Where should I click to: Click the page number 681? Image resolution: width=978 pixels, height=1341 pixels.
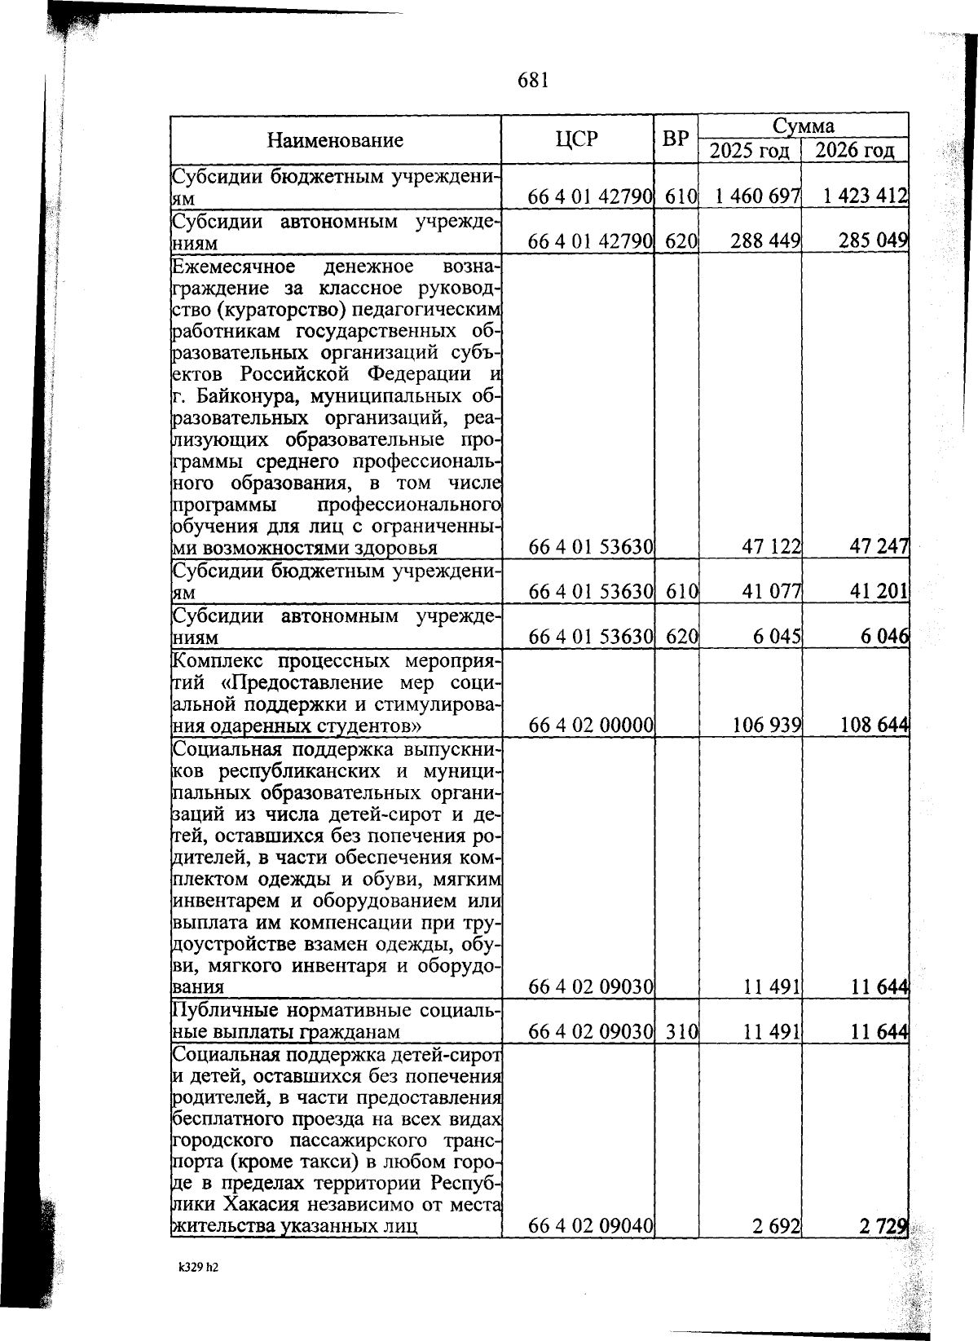(533, 80)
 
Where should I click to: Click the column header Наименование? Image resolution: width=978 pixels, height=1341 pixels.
(334, 140)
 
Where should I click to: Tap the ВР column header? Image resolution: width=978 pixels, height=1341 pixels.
(676, 139)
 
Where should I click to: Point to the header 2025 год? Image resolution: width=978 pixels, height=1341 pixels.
(749, 151)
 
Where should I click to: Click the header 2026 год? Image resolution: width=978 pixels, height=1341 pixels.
(855, 151)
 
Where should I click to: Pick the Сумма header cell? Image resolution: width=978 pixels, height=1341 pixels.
(803, 126)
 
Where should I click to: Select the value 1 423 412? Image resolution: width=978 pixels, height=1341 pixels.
(865, 196)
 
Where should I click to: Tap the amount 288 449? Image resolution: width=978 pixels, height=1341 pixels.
(765, 242)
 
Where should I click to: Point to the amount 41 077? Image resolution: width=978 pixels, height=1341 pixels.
(771, 592)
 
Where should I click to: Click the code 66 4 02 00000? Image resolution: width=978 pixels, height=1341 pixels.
(591, 724)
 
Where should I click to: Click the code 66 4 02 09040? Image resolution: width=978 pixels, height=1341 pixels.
(591, 1248)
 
